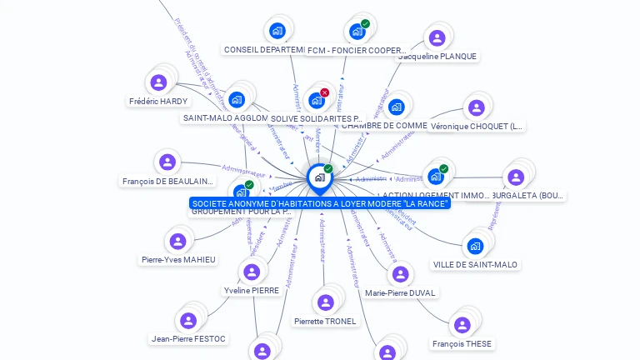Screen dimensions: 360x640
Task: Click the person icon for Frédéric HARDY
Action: (158, 82)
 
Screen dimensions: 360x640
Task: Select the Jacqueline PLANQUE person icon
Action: (437, 37)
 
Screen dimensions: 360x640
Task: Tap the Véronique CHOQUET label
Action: (477, 127)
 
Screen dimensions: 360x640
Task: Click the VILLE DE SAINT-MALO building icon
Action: (475, 246)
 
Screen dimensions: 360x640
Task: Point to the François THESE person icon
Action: (461, 325)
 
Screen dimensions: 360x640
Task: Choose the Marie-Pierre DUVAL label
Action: (401, 292)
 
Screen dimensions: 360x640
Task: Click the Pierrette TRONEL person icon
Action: (325, 302)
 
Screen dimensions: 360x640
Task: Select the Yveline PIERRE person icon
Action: (251, 272)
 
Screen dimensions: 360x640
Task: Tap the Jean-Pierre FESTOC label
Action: (189, 339)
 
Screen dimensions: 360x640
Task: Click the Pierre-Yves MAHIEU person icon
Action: (177, 242)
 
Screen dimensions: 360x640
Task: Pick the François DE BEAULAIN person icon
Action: (167, 162)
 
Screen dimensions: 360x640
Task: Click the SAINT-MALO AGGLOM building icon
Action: (237, 100)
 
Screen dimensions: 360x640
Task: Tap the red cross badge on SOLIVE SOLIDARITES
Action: (324, 92)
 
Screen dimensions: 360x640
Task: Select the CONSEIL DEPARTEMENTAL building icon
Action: (277, 32)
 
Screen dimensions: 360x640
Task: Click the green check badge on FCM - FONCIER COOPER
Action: (365, 23)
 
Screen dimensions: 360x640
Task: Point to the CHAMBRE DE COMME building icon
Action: (397, 107)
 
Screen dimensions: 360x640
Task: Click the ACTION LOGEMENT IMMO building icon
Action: (435, 177)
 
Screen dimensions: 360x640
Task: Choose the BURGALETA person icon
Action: (516, 177)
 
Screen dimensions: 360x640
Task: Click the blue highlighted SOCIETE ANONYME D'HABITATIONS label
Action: (320, 203)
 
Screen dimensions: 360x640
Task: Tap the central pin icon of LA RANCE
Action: (319, 177)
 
